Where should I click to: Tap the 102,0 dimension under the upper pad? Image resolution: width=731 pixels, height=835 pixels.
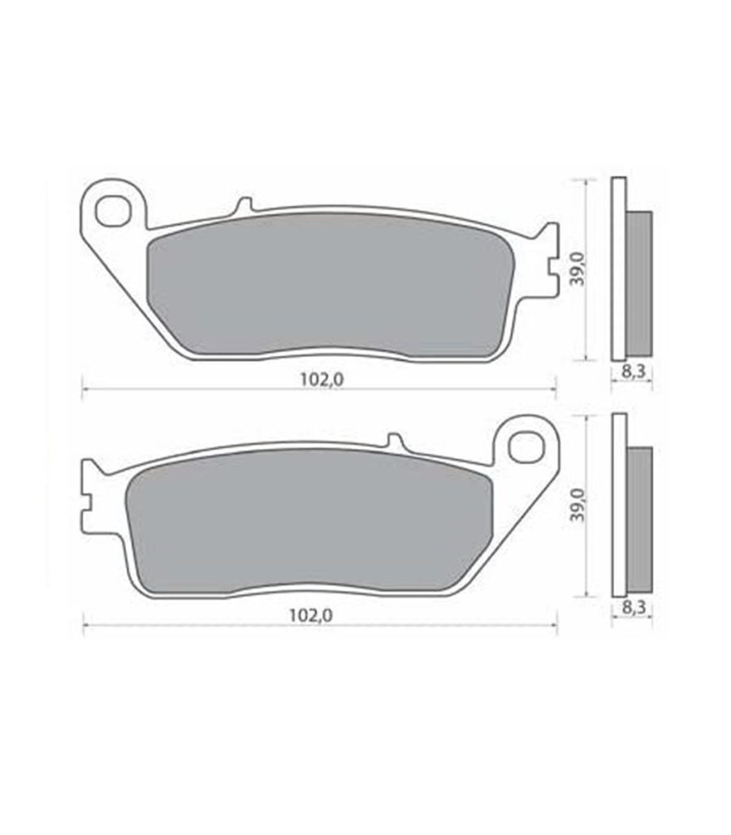322,380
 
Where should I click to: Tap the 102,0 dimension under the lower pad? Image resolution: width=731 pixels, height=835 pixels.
311,616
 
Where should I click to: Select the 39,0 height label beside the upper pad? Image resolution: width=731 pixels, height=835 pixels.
578,269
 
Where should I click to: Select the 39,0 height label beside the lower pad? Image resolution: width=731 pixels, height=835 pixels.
578,504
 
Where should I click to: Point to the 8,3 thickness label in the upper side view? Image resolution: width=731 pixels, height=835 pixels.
634,371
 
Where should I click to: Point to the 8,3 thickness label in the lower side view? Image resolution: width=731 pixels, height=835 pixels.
633,606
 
